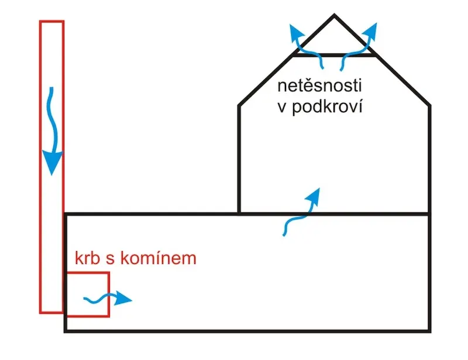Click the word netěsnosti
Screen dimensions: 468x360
point(319,85)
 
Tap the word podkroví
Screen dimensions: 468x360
point(327,107)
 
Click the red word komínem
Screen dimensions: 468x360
point(159,258)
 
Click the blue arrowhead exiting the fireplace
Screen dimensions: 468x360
point(123,298)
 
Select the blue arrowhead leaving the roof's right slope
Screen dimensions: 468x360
point(371,31)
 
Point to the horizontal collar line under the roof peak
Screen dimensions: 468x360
point(334,55)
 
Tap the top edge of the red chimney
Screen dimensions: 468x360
point(51,21)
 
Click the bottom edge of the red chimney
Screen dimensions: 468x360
point(51,313)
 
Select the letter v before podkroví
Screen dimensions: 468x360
point(282,107)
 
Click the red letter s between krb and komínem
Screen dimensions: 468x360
point(110,259)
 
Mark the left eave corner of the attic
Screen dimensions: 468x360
point(239,105)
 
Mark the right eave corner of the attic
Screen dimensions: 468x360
point(429,105)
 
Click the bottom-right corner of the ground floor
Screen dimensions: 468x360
point(429,331)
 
